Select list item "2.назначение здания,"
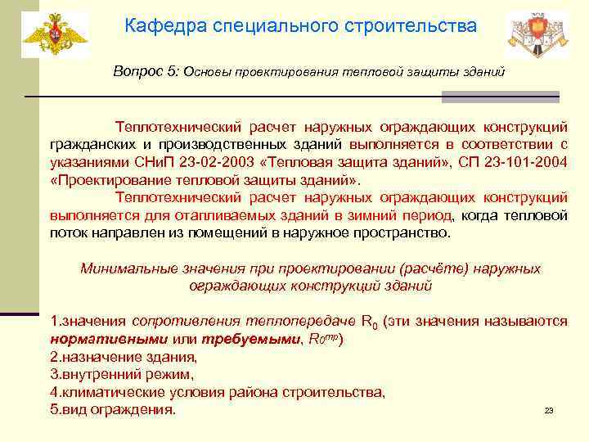pyautogui.click(x=123, y=357)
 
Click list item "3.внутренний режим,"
pyautogui.click(x=122, y=374)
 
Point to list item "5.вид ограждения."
pyautogui.click(x=113, y=408)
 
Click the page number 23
pyautogui.click(x=549, y=410)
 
